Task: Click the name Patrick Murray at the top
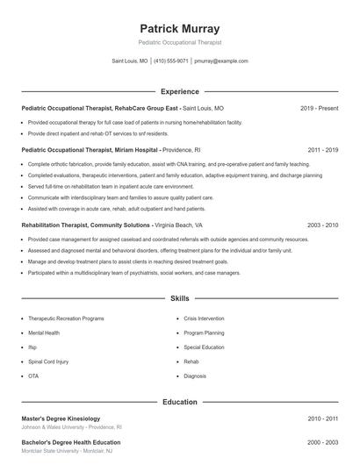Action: click(x=180, y=28)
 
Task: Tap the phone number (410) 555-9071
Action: click(x=171, y=61)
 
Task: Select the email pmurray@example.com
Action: click(x=221, y=61)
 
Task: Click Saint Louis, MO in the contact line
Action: click(x=130, y=61)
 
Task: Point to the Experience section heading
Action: click(x=180, y=91)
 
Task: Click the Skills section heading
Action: click(x=180, y=299)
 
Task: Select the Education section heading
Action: click(x=180, y=403)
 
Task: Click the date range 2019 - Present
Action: click(x=319, y=108)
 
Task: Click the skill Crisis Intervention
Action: click(x=205, y=319)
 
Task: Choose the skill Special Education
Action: click(x=204, y=347)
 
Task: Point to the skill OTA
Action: click(x=33, y=376)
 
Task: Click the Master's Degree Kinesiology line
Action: click(x=61, y=418)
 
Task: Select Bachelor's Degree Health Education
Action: click(x=71, y=442)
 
